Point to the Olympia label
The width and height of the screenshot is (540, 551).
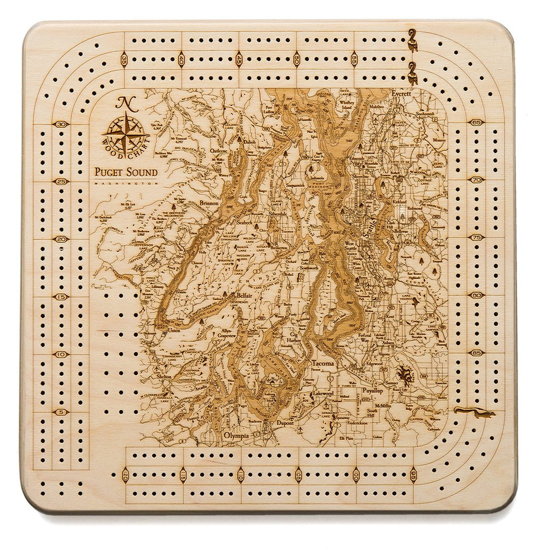[236, 436]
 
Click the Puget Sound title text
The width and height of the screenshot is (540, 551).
[126, 172]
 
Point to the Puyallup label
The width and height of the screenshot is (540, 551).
[372, 390]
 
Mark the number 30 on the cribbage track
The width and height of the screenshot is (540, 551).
[62, 124]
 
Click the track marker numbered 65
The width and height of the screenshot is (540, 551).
[477, 122]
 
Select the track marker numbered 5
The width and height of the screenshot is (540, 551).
[62, 412]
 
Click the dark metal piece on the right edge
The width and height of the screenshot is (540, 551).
[474, 412]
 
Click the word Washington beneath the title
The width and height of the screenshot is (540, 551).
[126, 182]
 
